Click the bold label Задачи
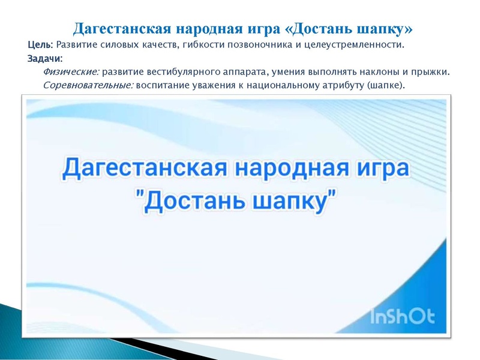[x=44, y=59]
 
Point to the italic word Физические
[x=71, y=72]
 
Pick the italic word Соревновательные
[x=88, y=85]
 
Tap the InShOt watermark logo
[x=402, y=316]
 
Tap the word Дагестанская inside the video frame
[x=144, y=168]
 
